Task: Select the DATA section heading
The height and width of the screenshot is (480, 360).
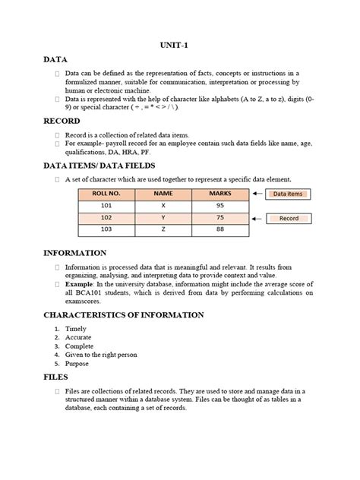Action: pyautogui.click(x=56, y=58)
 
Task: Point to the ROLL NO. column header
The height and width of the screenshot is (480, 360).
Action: pyautogui.click(x=106, y=194)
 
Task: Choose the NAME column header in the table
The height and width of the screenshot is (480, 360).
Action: pyautogui.click(x=163, y=194)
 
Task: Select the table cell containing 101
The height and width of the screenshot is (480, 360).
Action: pyautogui.click(x=106, y=206)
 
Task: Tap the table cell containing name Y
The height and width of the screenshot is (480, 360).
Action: pyautogui.click(x=163, y=217)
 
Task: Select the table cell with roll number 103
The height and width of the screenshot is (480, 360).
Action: pyautogui.click(x=106, y=229)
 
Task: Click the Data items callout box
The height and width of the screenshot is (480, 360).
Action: pyautogui.click(x=289, y=194)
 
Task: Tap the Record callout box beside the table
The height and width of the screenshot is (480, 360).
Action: pyautogui.click(x=289, y=218)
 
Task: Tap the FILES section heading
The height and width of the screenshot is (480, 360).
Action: pyautogui.click(x=56, y=376)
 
